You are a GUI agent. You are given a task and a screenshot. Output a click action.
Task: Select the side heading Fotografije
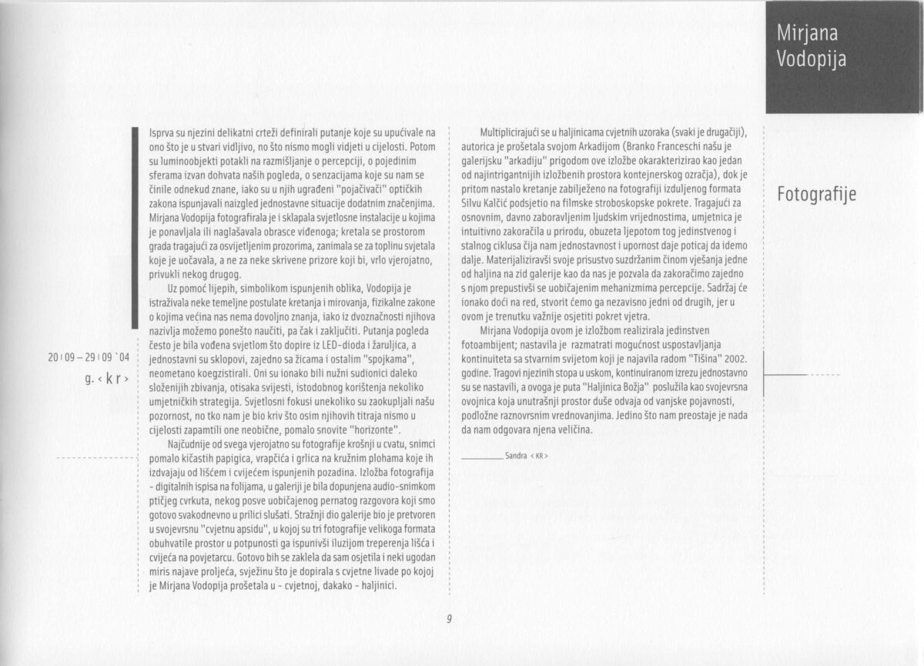[x=816, y=193]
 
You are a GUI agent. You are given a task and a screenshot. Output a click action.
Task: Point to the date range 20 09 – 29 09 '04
[x=89, y=356]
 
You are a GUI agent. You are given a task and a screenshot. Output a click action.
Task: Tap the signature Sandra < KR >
[x=527, y=456]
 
